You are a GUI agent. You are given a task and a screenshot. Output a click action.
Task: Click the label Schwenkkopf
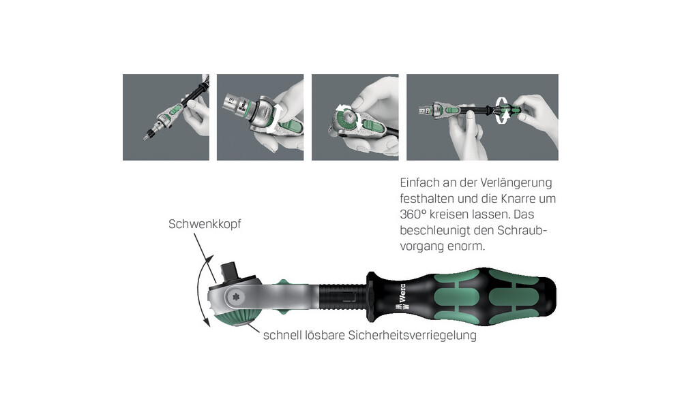[x=205, y=224]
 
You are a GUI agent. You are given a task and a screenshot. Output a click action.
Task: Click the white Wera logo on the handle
[x=400, y=297]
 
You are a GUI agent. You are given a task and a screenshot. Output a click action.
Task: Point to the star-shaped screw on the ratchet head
[x=237, y=298]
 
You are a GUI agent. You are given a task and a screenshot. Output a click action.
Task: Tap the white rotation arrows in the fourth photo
[x=503, y=110]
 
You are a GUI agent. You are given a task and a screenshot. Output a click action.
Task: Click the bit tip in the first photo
[x=145, y=138]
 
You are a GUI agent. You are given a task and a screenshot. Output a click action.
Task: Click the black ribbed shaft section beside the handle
[x=343, y=297]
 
